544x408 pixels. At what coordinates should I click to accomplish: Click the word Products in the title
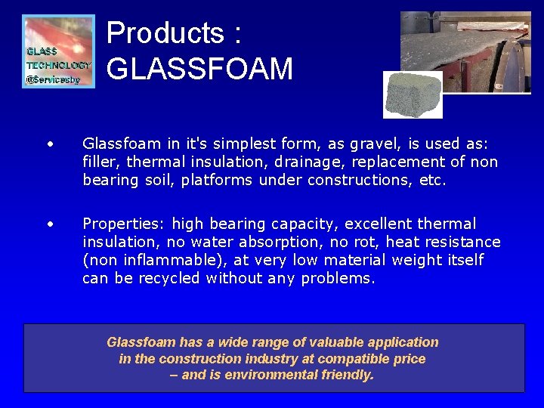(x=165, y=33)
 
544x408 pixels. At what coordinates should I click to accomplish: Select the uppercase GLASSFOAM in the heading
(x=199, y=69)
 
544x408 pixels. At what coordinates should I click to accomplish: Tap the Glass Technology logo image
(x=59, y=51)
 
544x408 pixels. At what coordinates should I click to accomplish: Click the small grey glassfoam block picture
(x=412, y=94)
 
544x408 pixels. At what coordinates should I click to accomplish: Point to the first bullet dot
(x=50, y=144)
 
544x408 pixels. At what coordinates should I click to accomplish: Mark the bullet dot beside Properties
(x=50, y=224)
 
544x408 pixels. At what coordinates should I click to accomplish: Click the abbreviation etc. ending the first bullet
(x=432, y=180)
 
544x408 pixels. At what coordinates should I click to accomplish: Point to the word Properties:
(x=124, y=224)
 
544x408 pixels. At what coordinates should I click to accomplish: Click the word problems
(x=338, y=278)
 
